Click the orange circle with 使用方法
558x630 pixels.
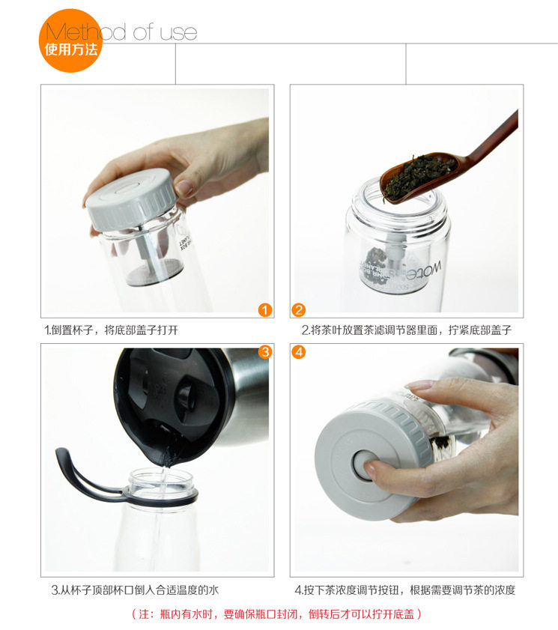[x=70, y=40]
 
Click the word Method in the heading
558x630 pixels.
[x=85, y=31]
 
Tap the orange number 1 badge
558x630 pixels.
[x=264, y=310]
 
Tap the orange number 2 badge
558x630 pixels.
[x=299, y=310]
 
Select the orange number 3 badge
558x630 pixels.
[x=264, y=352]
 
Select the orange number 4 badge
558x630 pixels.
[x=299, y=352]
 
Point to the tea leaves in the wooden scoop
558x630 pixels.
[x=419, y=174]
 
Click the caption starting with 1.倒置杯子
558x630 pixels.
[x=112, y=330]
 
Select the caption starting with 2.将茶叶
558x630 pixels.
[x=407, y=330]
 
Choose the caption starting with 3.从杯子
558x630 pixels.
[x=135, y=590]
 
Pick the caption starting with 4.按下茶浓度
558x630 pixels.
[x=405, y=590]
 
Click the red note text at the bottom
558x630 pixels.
[x=277, y=614]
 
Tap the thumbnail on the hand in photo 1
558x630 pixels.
[x=184, y=187]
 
